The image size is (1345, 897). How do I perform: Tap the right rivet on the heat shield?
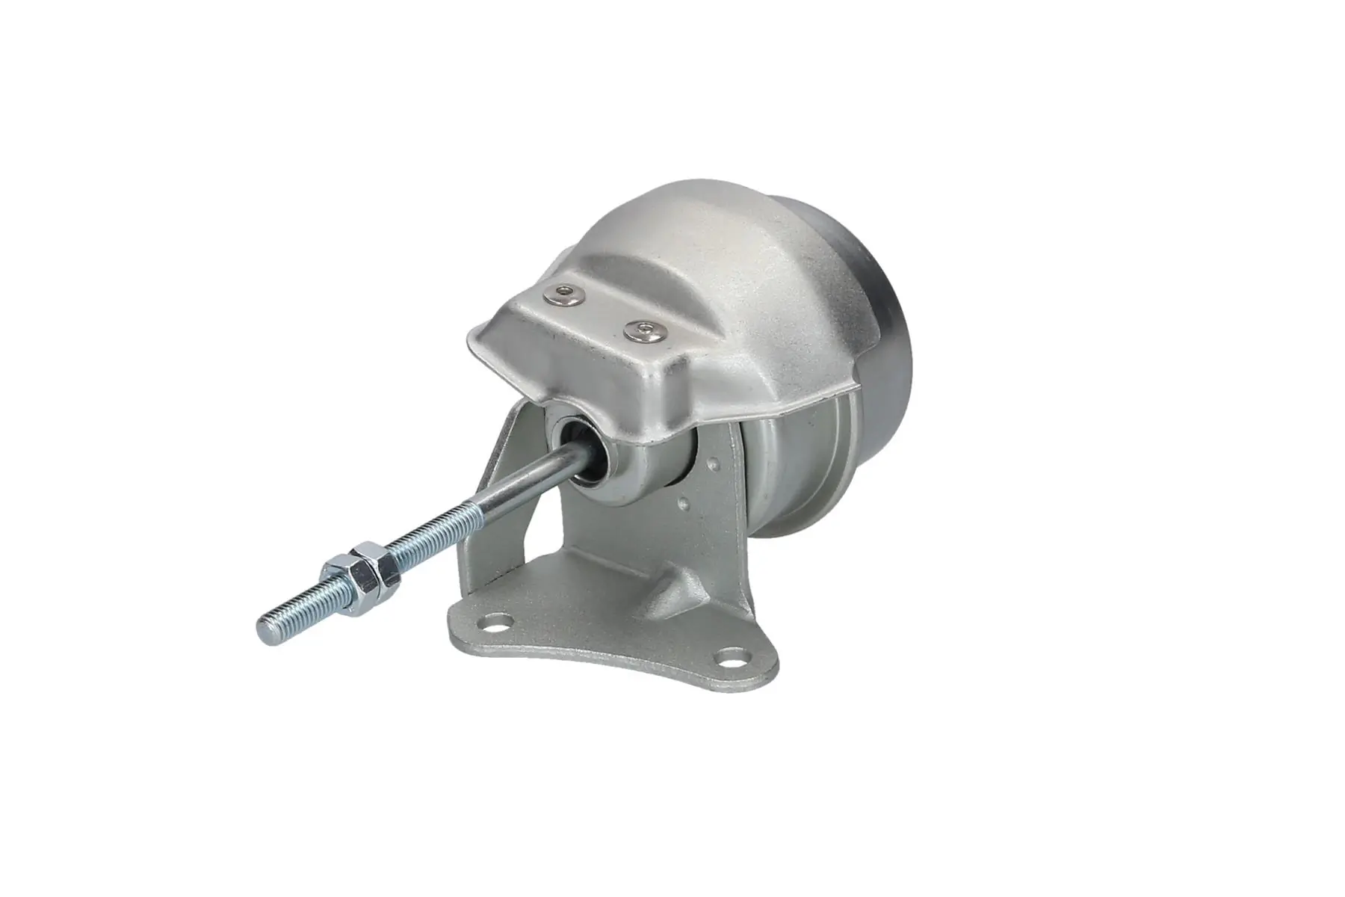pyautogui.click(x=644, y=330)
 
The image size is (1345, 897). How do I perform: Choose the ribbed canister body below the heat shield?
pyautogui.click(x=792, y=478)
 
